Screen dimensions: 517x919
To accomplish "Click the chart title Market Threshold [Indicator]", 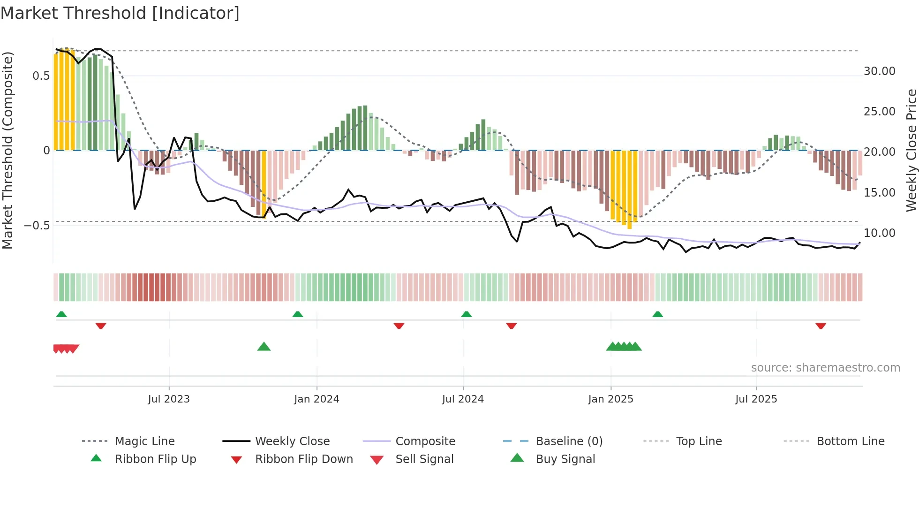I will point(120,13).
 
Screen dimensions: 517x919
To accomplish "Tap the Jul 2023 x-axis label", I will point(169,399).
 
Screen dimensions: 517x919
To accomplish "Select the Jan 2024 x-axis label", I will point(316,399).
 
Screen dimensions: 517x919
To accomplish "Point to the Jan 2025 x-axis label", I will point(610,399).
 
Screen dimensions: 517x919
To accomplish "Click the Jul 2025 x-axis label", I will point(756,399).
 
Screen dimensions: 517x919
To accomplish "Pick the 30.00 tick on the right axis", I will point(879,71).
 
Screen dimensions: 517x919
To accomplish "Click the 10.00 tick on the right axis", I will point(879,233).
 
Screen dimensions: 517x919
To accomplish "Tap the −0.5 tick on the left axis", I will point(37,226).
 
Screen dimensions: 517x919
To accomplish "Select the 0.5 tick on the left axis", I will point(41,76).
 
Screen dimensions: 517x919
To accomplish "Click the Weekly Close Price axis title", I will point(911,150).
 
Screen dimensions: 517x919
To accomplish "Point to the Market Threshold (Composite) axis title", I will point(8,150).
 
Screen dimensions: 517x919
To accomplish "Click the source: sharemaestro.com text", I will point(825,368).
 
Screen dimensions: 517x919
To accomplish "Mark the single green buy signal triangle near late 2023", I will point(264,347).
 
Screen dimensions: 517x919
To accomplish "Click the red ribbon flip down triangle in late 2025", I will point(821,326).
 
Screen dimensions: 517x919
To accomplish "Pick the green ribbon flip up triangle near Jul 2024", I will point(466,314).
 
